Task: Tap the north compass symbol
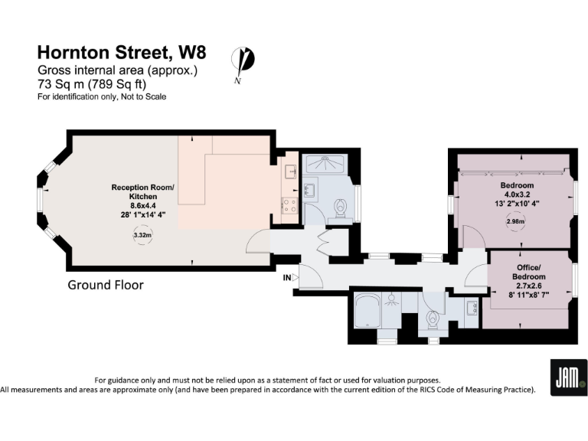click(x=245, y=61)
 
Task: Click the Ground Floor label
click(x=106, y=285)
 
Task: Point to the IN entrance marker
click(x=286, y=276)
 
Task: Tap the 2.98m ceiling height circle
click(x=517, y=222)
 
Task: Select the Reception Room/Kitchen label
click(x=142, y=192)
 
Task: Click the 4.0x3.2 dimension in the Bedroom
click(x=517, y=194)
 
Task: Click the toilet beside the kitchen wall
click(x=342, y=207)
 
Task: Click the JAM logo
click(x=569, y=377)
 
